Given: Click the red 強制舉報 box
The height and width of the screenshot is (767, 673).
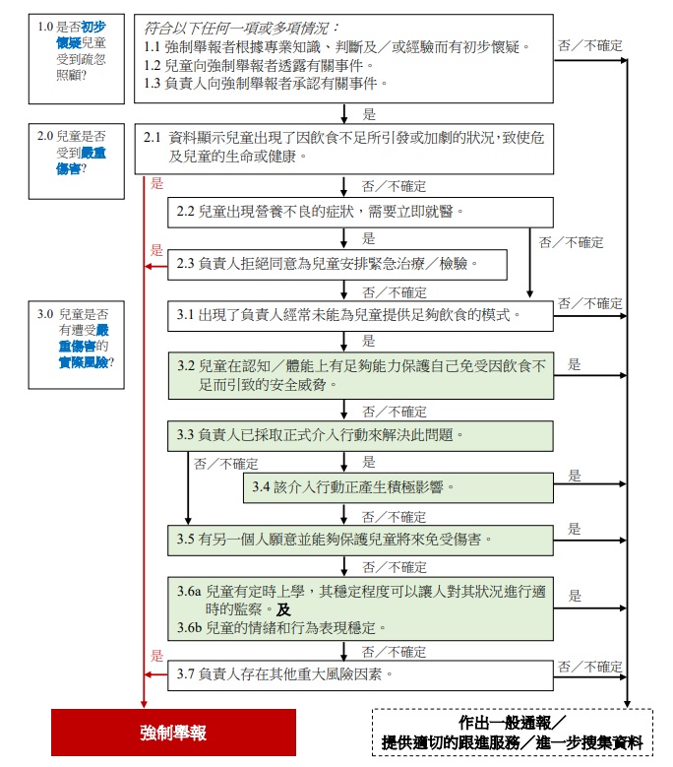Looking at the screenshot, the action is (x=173, y=733).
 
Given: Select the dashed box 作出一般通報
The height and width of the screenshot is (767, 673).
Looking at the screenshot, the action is (x=513, y=733).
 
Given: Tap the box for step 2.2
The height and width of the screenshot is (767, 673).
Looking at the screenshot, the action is (x=360, y=213).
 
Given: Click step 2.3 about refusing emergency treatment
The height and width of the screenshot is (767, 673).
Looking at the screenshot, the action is (x=337, y=265).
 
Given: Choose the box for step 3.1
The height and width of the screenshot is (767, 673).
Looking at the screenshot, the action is (x=360, y=316).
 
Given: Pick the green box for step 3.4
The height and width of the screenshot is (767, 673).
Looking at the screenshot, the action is (x=398, y=487).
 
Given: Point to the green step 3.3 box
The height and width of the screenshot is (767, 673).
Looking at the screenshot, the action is (x=360, y=436).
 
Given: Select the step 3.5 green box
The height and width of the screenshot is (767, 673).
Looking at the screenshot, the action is (x=360, y=541).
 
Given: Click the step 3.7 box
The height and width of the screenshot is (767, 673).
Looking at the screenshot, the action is (x=360, y=675).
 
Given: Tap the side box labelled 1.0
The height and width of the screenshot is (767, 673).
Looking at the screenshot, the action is (x=76, y=59).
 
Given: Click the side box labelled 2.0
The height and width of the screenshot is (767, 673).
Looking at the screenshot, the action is (x=76, y=161).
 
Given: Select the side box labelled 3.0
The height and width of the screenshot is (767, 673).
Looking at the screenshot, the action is (x=76, y=345).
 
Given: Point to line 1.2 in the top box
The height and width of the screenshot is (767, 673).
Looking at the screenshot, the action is (x=259, y=66).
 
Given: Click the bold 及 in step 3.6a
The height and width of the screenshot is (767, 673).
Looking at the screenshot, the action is (x=283, y=609).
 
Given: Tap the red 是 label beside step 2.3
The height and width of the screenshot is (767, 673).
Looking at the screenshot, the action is (x=156, y=250).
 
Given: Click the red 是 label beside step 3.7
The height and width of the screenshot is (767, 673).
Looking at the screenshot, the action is (x=156, y=656).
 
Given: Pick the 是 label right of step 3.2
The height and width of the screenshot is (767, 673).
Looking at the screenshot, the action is (x=575, y=364).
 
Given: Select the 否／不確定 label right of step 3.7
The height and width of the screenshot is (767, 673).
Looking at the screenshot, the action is (x=590, y=667).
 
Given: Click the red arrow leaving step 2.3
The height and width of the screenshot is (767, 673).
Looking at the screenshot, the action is (x=156, y=267).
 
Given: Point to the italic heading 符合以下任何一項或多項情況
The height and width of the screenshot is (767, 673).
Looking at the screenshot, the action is (x=240, y=29).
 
